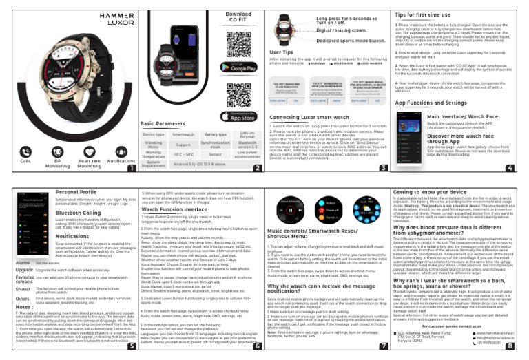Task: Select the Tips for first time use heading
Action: pyautogui.click(x=424, y=14)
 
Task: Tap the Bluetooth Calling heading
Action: pyautogui.click(x=79, y=213)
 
